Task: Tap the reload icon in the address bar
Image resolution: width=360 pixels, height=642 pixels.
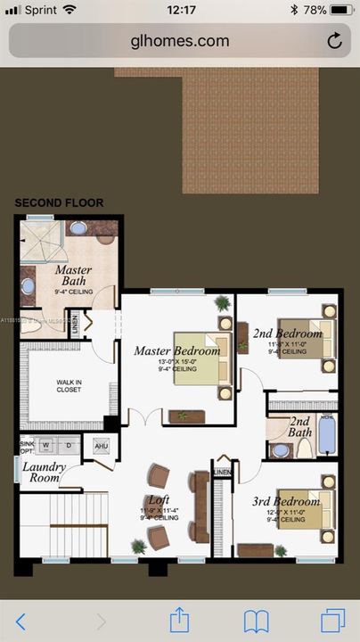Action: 335,41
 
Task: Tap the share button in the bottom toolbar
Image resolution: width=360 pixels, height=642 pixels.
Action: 179,620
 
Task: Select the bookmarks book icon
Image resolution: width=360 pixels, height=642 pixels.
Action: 257,620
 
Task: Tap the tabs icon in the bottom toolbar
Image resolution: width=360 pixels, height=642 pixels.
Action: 333,620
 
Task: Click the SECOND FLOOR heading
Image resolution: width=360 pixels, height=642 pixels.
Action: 59,203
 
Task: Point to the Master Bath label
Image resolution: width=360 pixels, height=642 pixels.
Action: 73,276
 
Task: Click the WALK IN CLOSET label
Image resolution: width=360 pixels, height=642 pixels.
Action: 69,386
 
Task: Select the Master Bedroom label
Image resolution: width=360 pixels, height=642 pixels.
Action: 176,351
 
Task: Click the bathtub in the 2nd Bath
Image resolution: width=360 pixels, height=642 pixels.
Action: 326,436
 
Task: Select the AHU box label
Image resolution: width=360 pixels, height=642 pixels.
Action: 101,446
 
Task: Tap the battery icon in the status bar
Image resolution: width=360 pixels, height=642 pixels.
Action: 340,10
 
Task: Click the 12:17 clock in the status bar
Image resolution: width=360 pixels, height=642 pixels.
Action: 181,10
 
